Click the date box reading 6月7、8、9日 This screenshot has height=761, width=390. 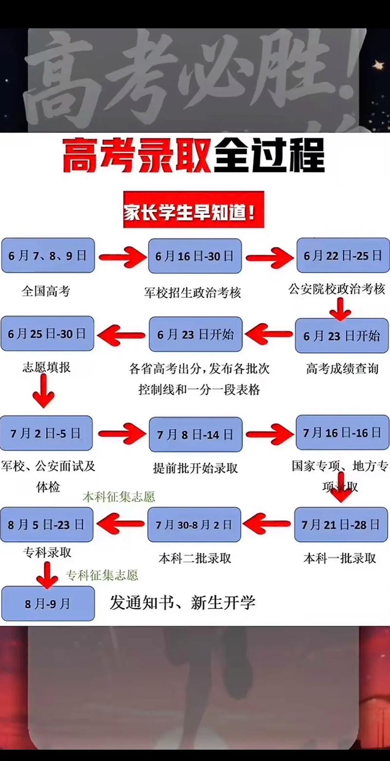pos(47,256)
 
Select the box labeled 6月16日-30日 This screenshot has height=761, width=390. pos(195,256)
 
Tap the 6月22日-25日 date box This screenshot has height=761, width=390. pos(342,256)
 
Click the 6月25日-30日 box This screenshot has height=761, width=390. pos(47,334)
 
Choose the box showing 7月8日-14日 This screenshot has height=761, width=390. pos(195,434)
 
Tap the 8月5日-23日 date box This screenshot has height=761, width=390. pos(46,525)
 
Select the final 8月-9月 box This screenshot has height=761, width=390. pos(48,604)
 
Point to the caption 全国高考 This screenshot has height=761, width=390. pos(46,291)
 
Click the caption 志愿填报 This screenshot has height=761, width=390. pos(46,367)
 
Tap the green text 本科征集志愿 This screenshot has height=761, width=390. pos(118,496)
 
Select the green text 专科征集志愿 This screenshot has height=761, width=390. pos(102,575)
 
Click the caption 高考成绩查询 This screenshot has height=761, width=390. pos(342,369)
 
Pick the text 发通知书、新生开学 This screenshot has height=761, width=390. pos(182,603)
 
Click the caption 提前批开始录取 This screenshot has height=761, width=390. pos(195,468)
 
